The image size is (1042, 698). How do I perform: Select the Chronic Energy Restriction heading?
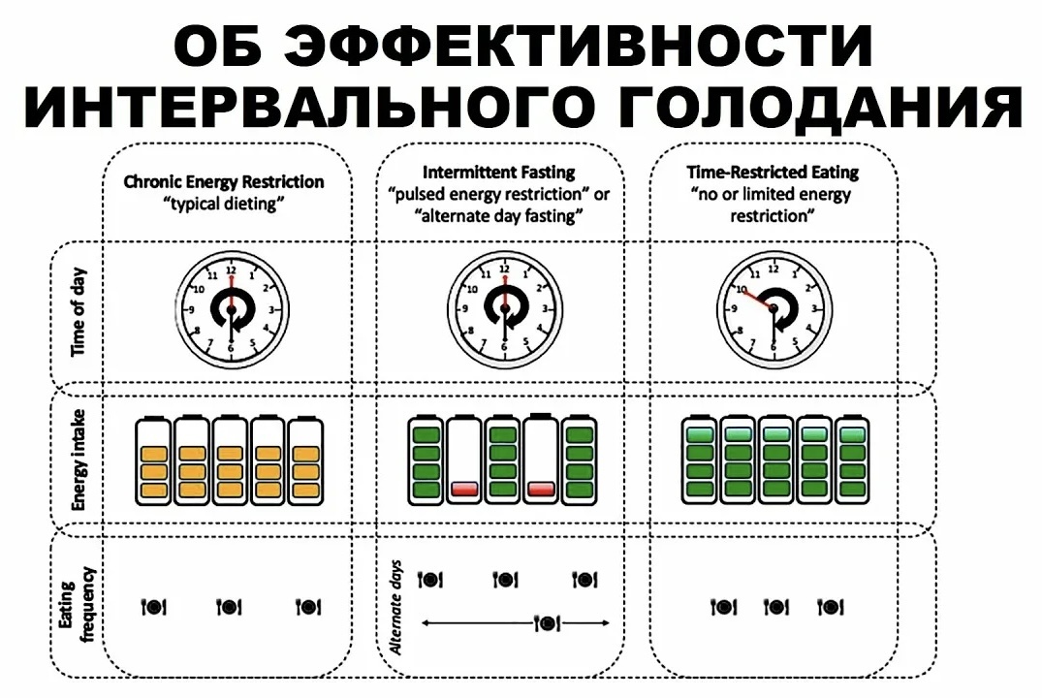coord(224,181)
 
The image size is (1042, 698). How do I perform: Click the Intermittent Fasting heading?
coord(499,172)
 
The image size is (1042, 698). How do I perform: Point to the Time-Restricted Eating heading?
coord(773,172)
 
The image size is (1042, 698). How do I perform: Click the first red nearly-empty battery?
coord(464,460)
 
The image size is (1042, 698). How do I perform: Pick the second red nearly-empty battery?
coord(541,460)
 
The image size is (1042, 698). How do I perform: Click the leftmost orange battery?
coord(153,460)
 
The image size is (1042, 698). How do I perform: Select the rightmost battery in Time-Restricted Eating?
coord(852,460)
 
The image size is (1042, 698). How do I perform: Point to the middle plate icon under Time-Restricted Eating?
coord(776,607)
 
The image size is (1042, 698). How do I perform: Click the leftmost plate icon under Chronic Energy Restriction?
coord(154,607)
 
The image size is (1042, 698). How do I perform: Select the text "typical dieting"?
coord(224,203)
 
